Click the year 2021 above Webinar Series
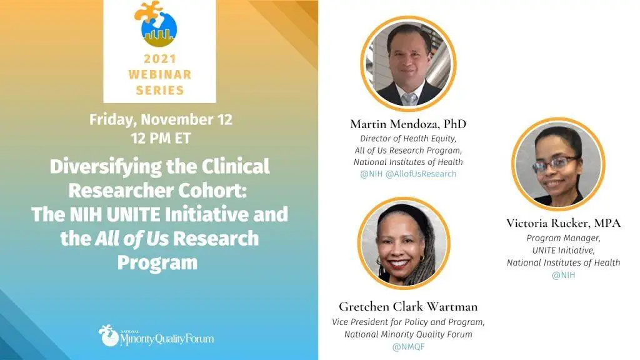159,59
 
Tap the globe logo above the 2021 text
157,24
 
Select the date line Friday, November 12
161,119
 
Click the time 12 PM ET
161,138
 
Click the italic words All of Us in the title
132,239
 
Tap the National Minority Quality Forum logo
156,336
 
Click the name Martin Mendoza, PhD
408,124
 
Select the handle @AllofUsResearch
421,174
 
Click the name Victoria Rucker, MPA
563,223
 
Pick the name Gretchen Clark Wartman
408,306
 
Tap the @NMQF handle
408,347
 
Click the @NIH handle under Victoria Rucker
563,275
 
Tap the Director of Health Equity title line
408,138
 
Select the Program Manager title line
563,238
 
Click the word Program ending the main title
157,263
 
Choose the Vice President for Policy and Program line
408,322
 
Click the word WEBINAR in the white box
159,74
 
